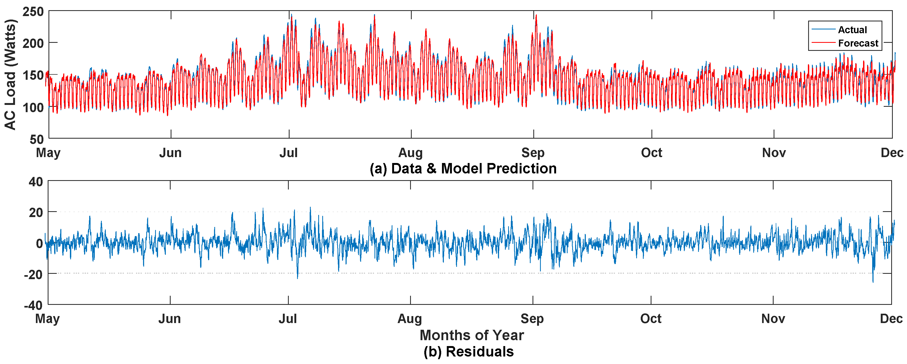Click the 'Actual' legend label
(852, 30)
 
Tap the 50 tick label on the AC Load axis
(37, 140)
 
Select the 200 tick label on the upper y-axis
(33, 44)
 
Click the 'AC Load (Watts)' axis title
(10, 75)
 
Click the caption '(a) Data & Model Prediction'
(463, 168)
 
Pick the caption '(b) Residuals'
(469, 351)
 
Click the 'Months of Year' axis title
(471, 335)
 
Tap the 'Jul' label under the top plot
(288, 153)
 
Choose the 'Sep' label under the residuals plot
(532, 318)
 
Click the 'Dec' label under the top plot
(891, 153)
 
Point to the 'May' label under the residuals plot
(47, 318)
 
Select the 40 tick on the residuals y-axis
(36, 182)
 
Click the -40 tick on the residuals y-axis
(33, 305)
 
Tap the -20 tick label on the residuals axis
(33, 274)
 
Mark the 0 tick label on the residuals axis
(39, 243)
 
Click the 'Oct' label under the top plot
(651, 153)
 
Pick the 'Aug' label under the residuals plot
(410, 318)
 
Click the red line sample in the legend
(823, 43)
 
